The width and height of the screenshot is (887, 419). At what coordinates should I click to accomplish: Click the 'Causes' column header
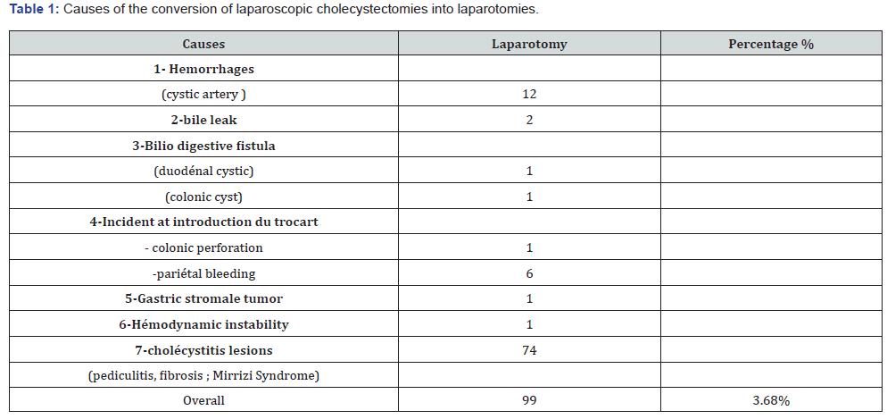(x=203, y=44)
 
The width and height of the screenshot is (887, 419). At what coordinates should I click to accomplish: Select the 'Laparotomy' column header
(x=529, y=44)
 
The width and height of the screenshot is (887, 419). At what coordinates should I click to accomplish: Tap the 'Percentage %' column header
(x=771, y=44)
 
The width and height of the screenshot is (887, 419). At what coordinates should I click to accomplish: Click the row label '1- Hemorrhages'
(x=203, y=69)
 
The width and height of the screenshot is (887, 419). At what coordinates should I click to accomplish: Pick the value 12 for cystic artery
(x=529, y=94)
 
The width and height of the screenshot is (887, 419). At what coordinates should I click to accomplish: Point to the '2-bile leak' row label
(x=203, y=120)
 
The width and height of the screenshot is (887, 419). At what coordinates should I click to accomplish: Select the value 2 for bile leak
(x=529, y=120)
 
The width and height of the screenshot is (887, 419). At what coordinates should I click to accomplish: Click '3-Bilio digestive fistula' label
(x=203, y=146)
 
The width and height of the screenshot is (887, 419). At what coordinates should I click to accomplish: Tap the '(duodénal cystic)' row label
(x=203, y=171)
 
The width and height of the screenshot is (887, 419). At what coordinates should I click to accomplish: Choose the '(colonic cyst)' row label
(x=203, y=197)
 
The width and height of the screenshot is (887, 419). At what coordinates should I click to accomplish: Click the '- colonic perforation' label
(x=203, y=247)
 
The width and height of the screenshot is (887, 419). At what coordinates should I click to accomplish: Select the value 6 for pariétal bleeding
(x=529, y=273)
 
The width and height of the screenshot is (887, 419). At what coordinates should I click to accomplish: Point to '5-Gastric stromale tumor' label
(x=203, y=298)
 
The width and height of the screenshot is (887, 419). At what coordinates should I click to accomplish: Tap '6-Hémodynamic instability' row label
(x=203, y=324)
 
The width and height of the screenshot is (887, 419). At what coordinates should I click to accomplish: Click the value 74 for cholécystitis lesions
(x=529, y=350)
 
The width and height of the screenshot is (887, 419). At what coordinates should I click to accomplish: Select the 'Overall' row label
(x=203, y=400)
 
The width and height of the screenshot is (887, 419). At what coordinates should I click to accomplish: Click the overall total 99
(x=529, y=400)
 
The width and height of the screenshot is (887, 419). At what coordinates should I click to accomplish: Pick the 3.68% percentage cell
(x=771, y=400)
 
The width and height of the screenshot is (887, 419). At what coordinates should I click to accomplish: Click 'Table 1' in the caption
(x=29, y=10)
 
